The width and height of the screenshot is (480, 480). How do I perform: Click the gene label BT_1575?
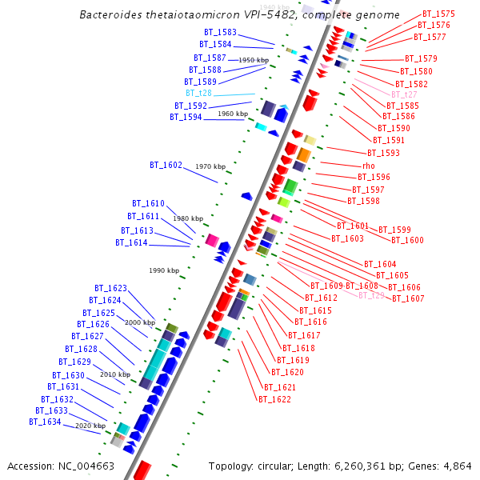click(438, 14)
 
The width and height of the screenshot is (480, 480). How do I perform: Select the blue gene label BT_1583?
click(220, 32)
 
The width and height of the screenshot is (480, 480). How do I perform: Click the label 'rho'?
click(368, 166)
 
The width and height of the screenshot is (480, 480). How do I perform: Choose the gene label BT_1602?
click(166, 165)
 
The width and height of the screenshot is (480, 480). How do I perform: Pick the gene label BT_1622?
click(274, 398)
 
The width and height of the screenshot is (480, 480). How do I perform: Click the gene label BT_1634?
click(45, 422)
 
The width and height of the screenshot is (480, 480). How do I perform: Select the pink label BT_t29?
click(371, 295)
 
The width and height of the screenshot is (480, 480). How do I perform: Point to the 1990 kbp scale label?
click(164, 270)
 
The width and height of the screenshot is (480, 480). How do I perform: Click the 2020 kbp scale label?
click(90, 426)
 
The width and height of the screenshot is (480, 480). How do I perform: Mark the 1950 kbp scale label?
click(254, 60)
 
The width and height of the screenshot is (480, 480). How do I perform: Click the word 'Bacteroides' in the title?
click(109, 15)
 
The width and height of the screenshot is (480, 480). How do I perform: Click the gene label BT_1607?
click(407, 298)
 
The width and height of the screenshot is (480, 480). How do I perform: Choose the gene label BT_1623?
click(110, 288)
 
